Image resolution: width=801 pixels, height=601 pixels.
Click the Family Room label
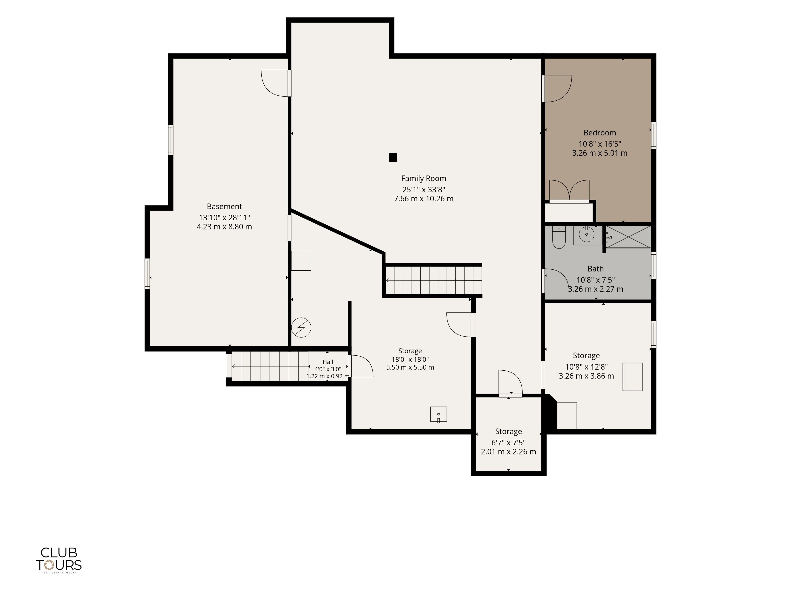(x=423, y=179)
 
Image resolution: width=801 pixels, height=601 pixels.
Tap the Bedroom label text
(x=600, y=133)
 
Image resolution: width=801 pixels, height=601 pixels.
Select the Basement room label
(x=224, y=207)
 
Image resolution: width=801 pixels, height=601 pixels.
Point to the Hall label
(x=328, y=362)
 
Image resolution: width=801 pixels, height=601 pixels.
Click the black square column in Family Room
(x=393, y=157)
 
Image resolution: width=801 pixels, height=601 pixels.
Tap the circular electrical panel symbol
(x=301, y=327)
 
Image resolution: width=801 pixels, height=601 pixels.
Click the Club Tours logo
(x=59, y=560)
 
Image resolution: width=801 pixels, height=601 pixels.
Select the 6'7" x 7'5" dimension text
(x=508, y=442)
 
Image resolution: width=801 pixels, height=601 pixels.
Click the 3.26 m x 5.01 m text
(x=600, y=153)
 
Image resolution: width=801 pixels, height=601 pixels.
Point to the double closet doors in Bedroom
(x=569, y=191)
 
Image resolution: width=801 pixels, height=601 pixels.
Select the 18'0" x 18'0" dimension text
(x=410, y=359)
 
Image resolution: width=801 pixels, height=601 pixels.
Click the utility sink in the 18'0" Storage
(x=438, y=414)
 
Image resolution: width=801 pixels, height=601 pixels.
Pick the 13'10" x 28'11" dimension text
(x=224, y=218)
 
